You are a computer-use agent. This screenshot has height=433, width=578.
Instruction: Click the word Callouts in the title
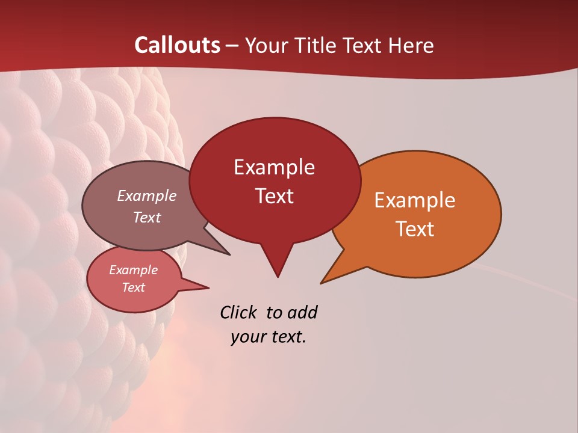click(x=177, y=45)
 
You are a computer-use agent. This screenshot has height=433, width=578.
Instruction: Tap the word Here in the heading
click(x=412, y=45)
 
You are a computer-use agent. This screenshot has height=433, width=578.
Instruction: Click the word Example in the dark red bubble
click(x=274, y=167)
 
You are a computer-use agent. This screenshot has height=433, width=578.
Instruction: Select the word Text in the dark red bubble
click(x=274, y=196)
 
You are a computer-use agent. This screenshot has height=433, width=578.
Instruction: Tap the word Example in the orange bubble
click(x=415, y=200)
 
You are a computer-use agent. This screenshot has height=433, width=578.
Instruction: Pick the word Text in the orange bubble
click(x=415, y=229)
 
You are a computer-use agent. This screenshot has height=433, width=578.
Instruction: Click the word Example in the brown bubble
click(x=147, y=195)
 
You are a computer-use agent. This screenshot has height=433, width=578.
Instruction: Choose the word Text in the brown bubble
click(x=147, y=217)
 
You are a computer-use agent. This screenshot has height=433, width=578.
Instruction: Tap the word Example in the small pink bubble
click(x=133, y=270)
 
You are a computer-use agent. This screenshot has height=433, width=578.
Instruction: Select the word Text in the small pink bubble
click(x=133, y=287)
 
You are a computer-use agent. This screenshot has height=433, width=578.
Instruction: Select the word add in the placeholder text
click(x=302, y=312)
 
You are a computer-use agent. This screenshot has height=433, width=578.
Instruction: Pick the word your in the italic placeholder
click(x=247, y=337)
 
